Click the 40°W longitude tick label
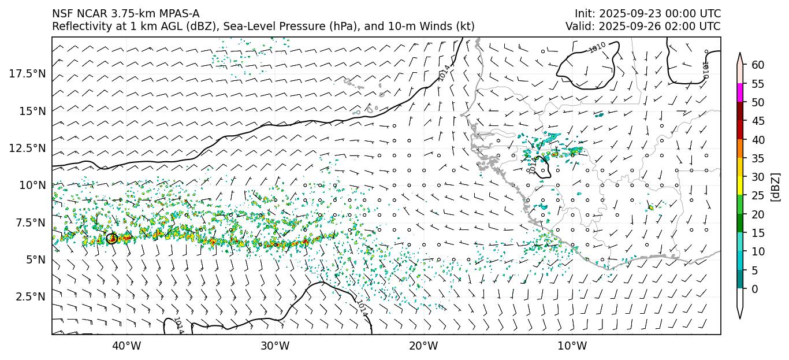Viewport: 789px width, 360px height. coord(126,346)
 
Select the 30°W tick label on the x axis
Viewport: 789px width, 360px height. coord(275,346)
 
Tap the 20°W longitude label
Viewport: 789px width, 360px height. coord(423,346)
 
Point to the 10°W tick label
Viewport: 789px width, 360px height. coord(572,346)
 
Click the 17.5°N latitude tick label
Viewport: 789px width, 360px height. coord(27,73)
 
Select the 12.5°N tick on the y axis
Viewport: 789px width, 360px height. coord(27,148)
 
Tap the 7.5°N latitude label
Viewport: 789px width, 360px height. coord(29,222)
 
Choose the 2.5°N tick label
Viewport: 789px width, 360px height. coord(29,296)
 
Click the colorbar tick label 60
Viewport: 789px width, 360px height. coord(758,65)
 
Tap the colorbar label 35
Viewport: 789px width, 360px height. coord(758,158)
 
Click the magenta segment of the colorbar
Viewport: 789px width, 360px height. coord(739,93)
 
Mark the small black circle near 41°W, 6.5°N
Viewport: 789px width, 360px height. coord(112,238)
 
